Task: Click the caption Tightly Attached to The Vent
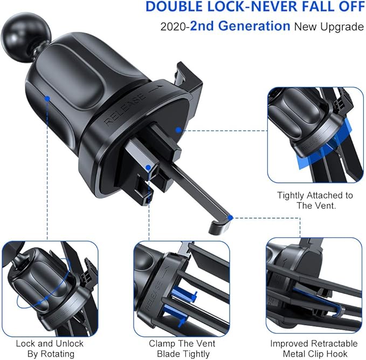click(315, 200)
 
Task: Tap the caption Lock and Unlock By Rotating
click(49, 348)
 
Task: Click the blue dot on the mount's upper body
click(48, 99)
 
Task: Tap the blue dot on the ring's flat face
click(178, 130)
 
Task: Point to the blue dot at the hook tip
click(230, 218)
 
